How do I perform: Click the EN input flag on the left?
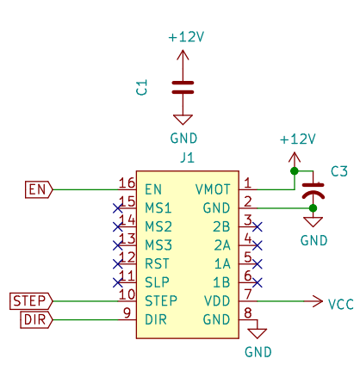point(39,189)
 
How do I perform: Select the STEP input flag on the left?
point(31,301)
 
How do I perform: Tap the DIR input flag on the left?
point(36,319)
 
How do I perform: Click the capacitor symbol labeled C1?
point(183,88)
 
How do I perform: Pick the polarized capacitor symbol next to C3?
point(313,191)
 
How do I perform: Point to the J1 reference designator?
point(187,158)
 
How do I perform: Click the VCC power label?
point(341,304)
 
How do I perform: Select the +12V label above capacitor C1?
point(186,37)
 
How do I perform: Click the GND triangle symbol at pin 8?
point(258,333)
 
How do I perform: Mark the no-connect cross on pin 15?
point(118,208)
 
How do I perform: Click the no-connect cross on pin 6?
point(258,282)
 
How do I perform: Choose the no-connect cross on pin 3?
point(258,227)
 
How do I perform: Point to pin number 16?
point(127,182)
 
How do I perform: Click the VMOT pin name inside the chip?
point(213,189)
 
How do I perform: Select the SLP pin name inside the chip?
point(157,282)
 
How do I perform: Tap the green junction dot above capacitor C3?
point(295,171)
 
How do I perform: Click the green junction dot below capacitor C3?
point(313,208)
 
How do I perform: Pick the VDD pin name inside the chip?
point(217,301)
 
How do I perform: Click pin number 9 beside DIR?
point(127,312)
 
